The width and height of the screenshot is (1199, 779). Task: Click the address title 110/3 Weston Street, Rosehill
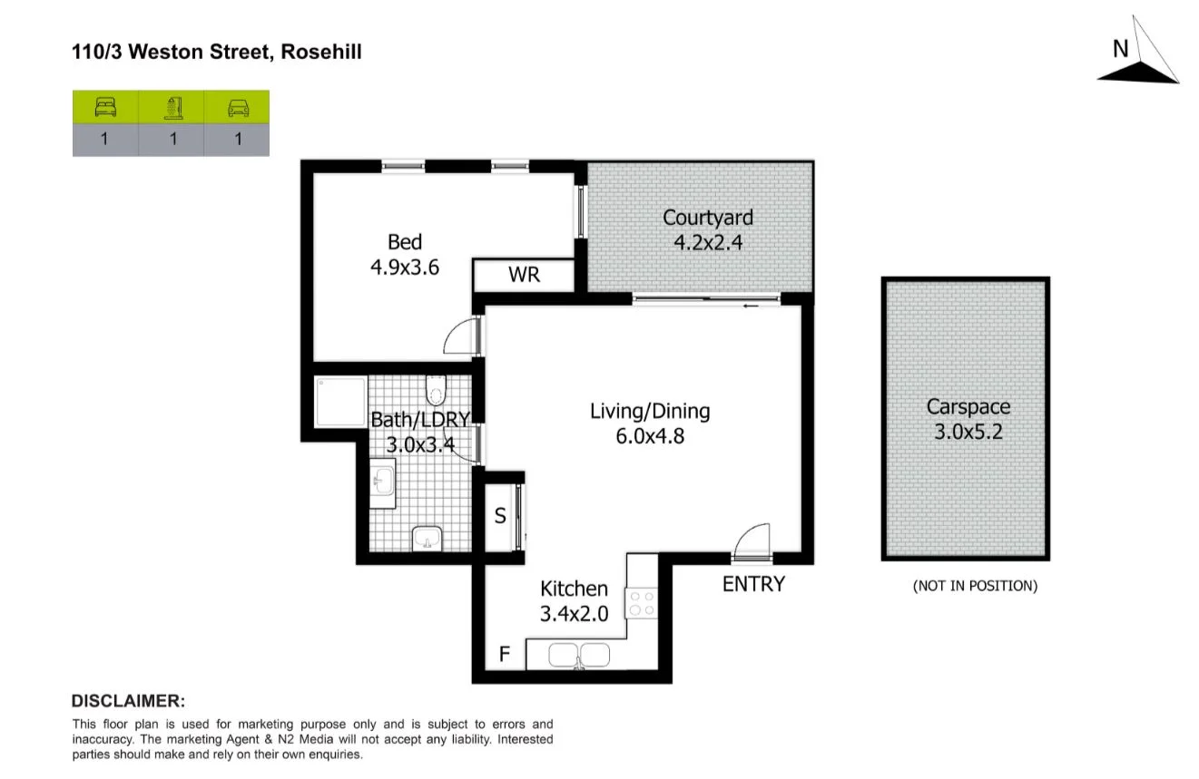point(217,53)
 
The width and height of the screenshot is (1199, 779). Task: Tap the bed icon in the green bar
point(105,108)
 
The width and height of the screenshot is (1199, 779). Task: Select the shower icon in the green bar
point(172,108)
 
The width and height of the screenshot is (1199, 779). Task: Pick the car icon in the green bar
point(238,108)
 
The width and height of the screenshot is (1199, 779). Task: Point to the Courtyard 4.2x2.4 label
point(707,229)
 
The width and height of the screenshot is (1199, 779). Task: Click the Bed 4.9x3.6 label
point(405,254)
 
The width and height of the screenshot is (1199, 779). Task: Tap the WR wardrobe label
point(524,275)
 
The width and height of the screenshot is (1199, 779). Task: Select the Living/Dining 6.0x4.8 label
point(650,423)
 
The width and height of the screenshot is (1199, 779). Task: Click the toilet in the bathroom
point(436,390)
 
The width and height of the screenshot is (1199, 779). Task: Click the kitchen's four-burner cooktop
point(642,604)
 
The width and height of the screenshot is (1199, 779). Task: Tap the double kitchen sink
point(579,655)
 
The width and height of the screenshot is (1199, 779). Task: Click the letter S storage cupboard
point(499,517)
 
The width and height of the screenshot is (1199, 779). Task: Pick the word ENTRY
point(752,584)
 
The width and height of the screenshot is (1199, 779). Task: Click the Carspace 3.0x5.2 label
point(968,419)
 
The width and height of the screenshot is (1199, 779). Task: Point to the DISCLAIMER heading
point(128,701)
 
